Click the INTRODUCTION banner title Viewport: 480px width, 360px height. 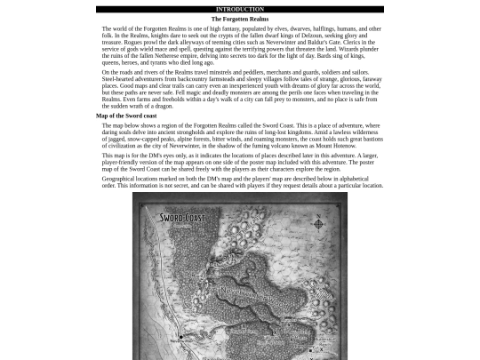coord(239,9)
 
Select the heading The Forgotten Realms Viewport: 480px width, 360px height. coord(239,19)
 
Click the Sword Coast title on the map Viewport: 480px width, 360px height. coord(181,218)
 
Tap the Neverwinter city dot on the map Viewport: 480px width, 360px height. coord(182,336)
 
